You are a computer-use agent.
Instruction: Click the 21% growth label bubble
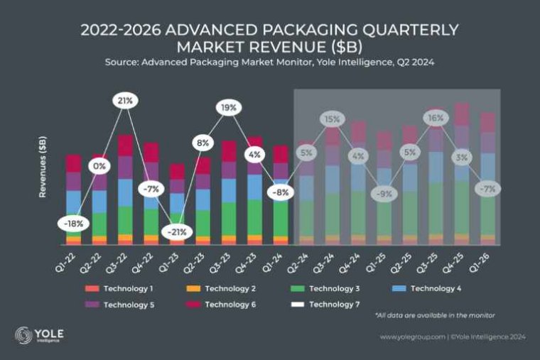click(x=125, y=101)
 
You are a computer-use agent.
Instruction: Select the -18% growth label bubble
click(x=74, y=223)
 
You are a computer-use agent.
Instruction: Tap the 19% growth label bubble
click(x=228, y=108)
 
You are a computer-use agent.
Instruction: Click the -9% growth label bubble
click(x=384, y=192)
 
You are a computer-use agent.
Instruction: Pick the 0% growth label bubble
click(x=99, y=166)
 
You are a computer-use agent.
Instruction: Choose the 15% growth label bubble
click(x=332, y=119)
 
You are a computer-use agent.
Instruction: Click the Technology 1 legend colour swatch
click(x=91, y=289)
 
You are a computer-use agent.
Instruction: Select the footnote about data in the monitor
click(x=434, y=315)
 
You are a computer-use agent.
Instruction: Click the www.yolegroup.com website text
click(x=412, y=337)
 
